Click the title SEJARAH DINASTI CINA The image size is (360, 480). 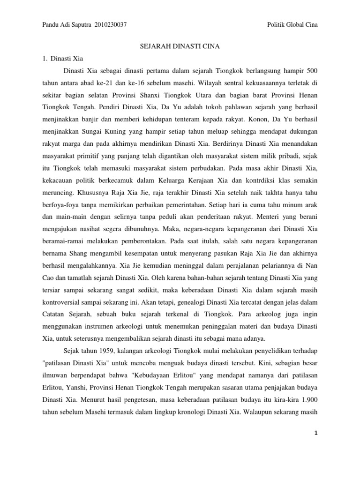[180, 47]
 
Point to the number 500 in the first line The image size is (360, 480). [312, 72]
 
